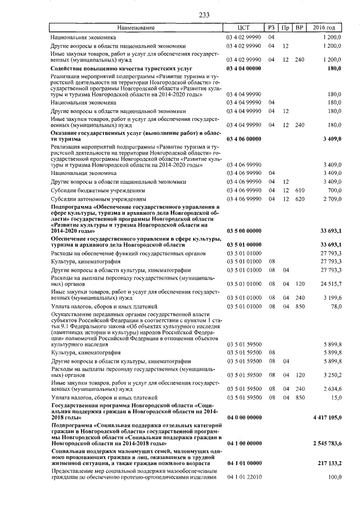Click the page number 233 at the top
(x=180, y=16)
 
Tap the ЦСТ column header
(x=244, y=28)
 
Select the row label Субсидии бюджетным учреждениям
(x=98, y=190)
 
